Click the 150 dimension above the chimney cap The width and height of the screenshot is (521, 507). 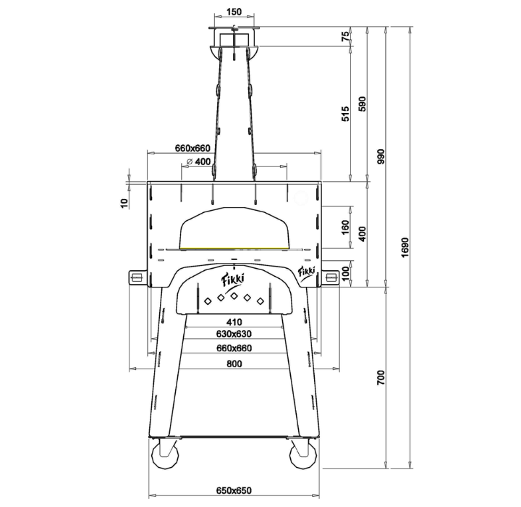(234, 12)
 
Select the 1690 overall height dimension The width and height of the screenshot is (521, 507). (405, 247)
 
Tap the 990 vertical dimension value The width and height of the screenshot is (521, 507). (381, 156)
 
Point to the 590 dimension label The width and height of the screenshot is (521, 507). (363, 104)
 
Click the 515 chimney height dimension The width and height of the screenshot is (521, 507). (346, 114)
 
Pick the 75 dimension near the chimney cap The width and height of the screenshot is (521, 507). (346, 36)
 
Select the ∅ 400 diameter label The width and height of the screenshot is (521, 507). (199, 162)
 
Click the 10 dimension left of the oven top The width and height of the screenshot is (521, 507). (124, 204)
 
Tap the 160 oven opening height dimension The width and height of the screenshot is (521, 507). (346, 227)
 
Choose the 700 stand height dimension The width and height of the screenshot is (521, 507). (381, 377)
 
